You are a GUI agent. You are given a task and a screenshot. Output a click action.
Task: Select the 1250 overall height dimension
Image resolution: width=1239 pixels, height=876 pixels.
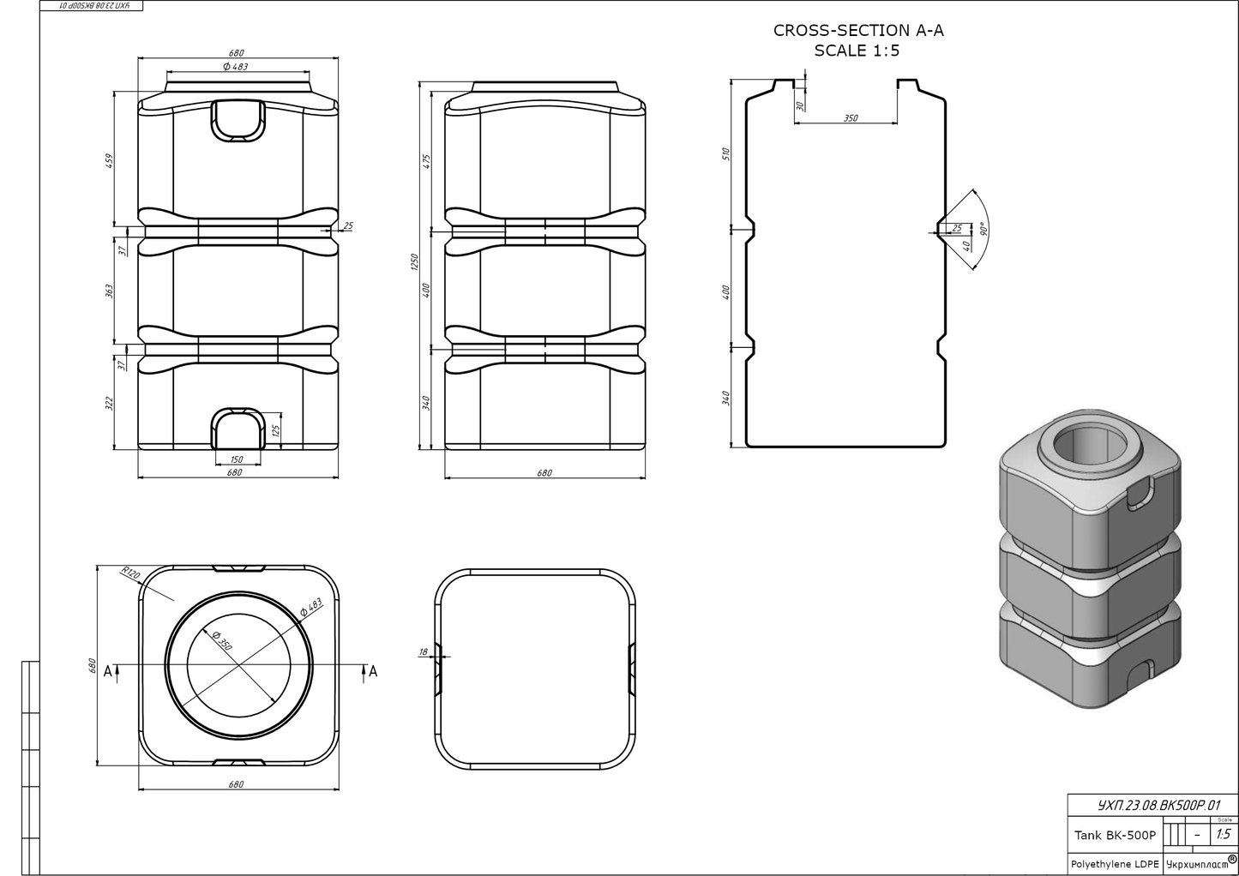(x=413, y=261)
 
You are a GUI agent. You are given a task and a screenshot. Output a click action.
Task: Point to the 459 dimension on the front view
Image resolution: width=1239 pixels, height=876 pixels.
(x=109, y=161)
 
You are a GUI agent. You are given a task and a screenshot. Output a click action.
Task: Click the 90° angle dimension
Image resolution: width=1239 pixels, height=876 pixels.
(x=983, y=230)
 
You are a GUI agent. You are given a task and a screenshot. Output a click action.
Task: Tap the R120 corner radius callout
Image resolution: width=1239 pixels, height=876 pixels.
(x=130, y=573)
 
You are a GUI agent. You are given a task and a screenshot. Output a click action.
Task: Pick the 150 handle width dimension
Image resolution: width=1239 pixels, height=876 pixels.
(x=237, y=459)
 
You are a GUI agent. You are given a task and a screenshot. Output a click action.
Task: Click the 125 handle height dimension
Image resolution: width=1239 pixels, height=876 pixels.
(x=275, y=429)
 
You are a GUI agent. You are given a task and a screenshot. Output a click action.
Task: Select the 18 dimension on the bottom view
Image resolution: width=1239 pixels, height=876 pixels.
(x=423, y=652)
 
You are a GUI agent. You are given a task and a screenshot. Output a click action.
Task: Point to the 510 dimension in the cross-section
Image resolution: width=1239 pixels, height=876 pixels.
(x=725, y=154)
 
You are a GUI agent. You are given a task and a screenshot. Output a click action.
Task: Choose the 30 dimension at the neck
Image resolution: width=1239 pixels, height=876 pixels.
(x=799, y=105)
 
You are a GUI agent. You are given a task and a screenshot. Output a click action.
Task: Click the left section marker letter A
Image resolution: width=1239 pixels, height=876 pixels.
(x=108, y=671)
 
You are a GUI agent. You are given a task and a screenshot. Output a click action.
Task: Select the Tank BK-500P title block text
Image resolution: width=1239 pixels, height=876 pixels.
(x=1115, y=835)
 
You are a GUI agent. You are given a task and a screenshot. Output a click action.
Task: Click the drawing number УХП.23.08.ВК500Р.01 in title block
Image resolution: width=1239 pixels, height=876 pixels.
(x=1158, y=806)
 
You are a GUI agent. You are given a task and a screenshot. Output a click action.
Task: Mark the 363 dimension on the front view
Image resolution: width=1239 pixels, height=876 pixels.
(x=109, y=291)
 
